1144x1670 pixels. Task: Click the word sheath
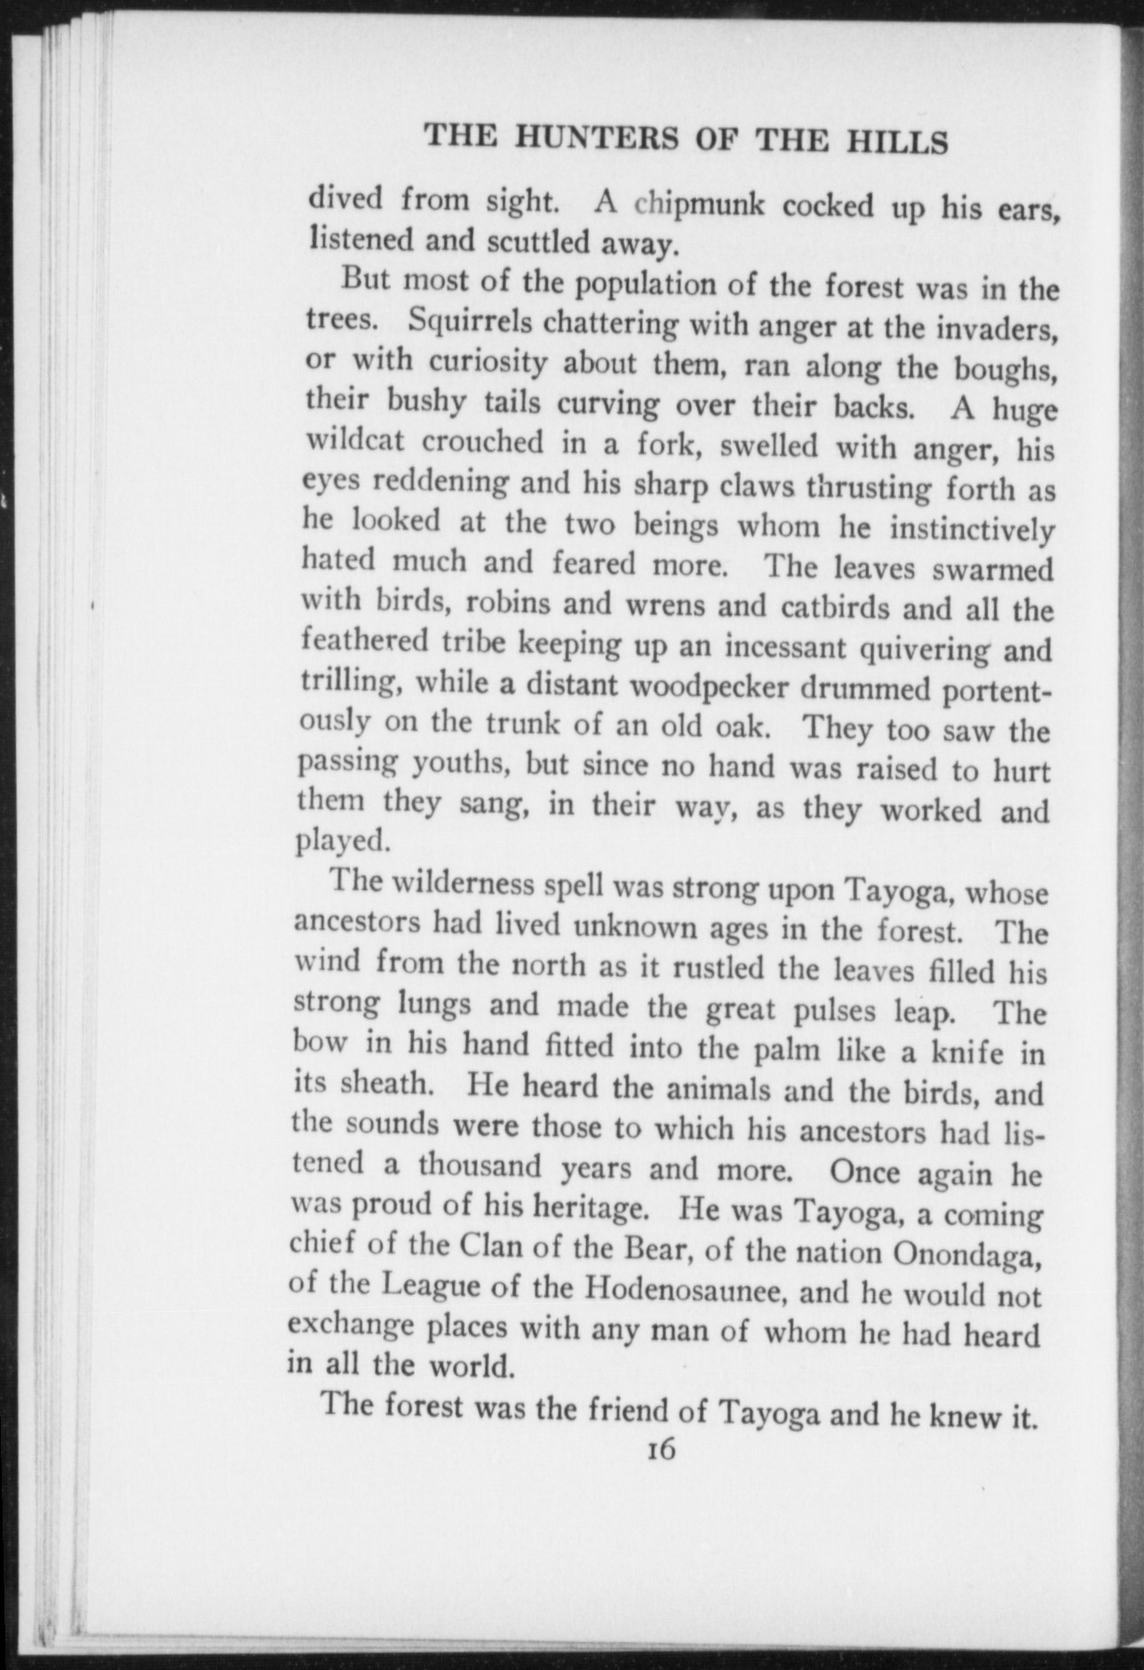pos(384,1084)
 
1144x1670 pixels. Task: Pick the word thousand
pos(480,1165)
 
